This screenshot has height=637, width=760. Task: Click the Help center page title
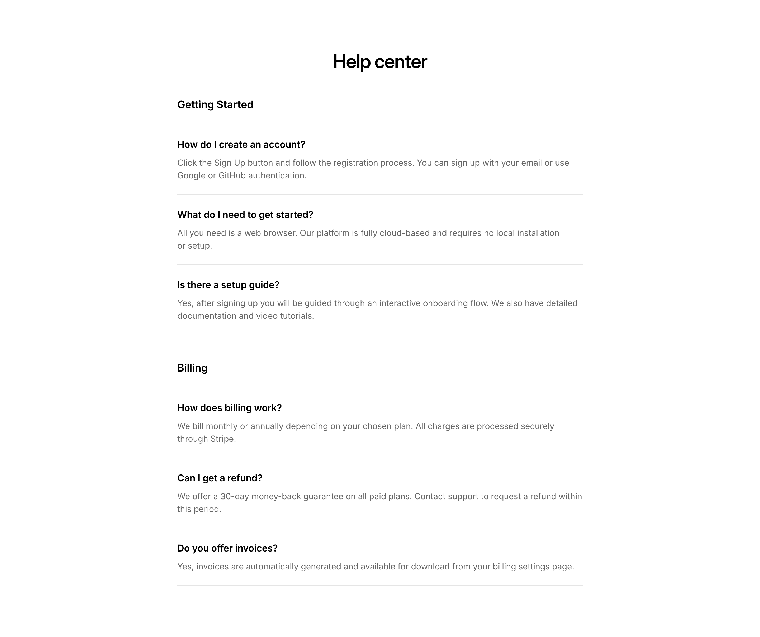click(x=380, y=61)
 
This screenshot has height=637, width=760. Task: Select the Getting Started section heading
click(x=215, y=104)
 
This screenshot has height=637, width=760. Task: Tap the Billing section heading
click(x=192, y=368)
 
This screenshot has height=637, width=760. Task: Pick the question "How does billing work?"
click(x=229, y=408)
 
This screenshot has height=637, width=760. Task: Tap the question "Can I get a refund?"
click(x=220, y=478)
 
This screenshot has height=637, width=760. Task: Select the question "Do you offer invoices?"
click(x=227, y=549)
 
